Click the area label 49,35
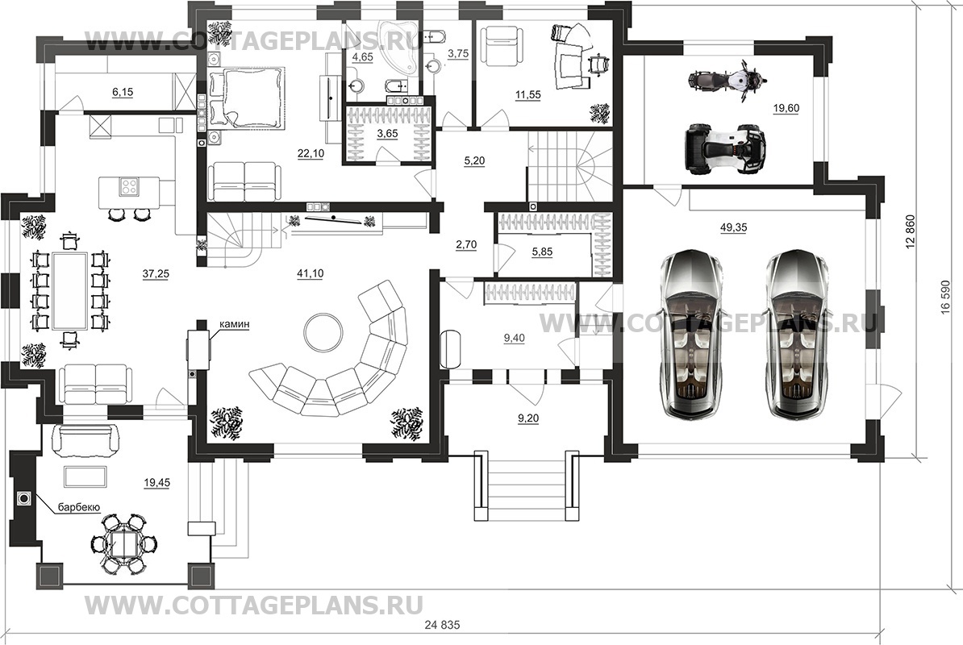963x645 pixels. point(733,228)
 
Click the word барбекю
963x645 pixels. point(78,507)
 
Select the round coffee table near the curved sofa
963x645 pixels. point(323,331)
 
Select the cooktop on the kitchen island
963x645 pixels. point(127,187)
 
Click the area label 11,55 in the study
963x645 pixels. point(528,95)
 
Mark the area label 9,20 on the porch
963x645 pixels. point(527,418)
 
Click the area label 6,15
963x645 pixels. point(122,93)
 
